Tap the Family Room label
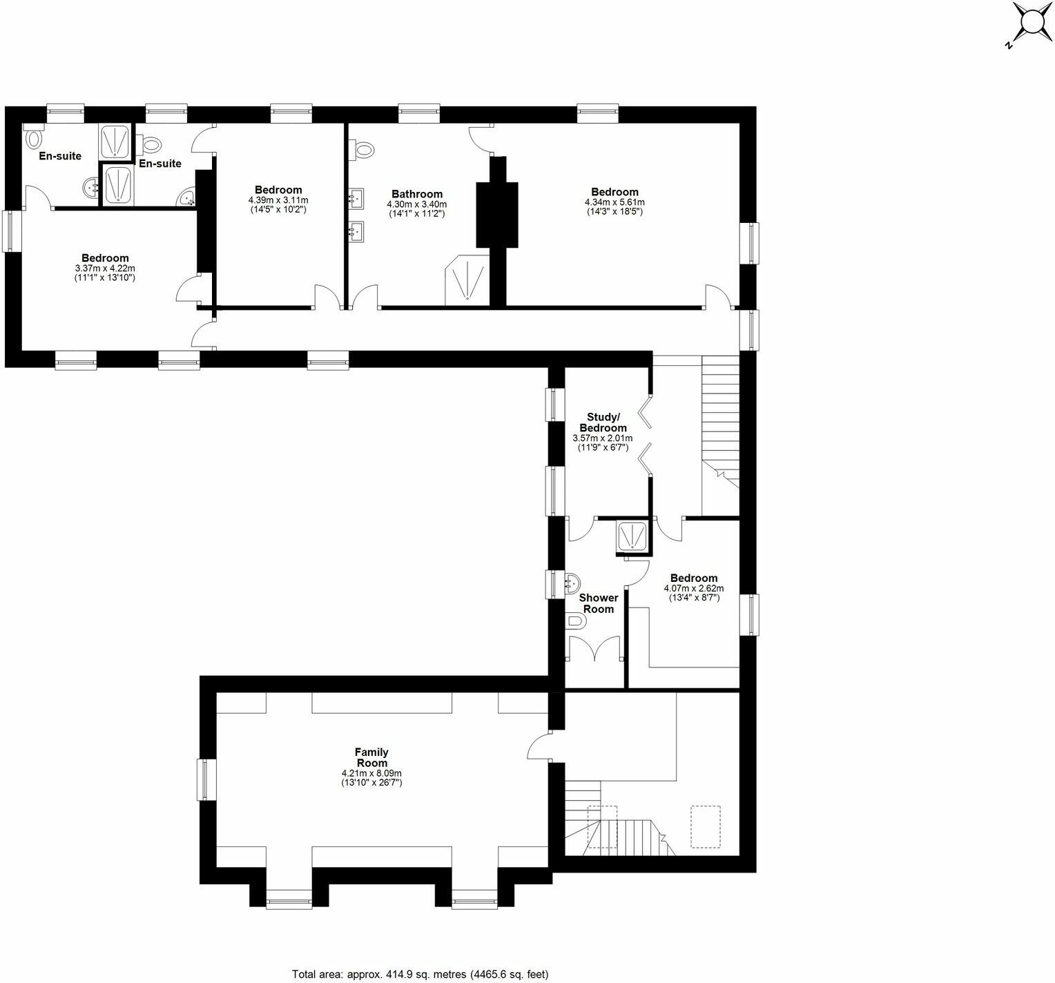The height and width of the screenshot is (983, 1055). pyautogui.click(x=371, y=757)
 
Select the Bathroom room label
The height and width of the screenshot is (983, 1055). pyautogui.click(x=417, y=194)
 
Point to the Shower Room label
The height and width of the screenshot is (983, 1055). pyautogui.click(x=599, y=603)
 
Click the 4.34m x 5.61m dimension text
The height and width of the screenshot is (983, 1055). pyautogui.click(x=614, y=202)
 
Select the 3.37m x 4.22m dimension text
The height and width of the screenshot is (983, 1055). pyautogui.click(x=105, y=269)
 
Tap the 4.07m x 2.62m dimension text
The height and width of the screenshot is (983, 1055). pyautogui.click(x=694, y=588)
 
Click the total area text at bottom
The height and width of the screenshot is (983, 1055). pyautogui.click(x=420, y=974)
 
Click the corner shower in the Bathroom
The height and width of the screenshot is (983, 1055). pyautogui.click(x=467, y=280)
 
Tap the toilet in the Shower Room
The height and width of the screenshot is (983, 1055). pyautogui.click(x=575, y=622)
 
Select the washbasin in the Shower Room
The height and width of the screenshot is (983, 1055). pyautogui.click(x=572, y=583)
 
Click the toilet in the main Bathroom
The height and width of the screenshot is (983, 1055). pyautogui.click(x=364, y=148)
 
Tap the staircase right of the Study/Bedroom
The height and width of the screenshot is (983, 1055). pyautogui.click(x=720, y=414)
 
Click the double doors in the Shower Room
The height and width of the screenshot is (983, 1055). pyautogui.click(x=594, y=648)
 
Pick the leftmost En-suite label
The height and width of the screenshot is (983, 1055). pyautogui.click(x=60, y=156)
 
